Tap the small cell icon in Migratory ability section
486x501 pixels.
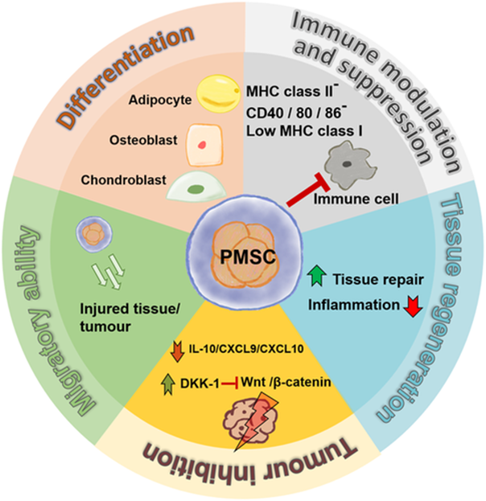(90, 233)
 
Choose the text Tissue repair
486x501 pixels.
(370, 282)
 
